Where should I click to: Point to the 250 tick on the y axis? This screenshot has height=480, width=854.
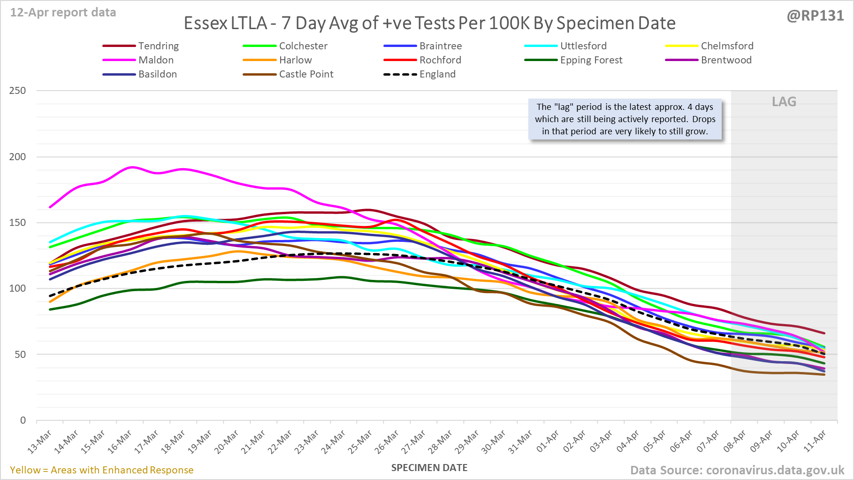pos(17,91)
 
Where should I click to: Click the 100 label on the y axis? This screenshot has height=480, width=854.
pos(17,288)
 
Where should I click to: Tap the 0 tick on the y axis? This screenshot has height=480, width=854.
pos(23,420)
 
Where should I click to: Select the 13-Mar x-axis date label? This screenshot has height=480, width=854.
pos(40,442)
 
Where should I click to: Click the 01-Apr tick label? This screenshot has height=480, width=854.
pos(548,442)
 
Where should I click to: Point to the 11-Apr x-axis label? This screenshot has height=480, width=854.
pos(815,442)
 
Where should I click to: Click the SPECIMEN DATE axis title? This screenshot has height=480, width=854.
pos(429,468)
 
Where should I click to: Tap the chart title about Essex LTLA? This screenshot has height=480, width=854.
pos(429,23)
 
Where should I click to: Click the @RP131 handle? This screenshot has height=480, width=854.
pos(815,16)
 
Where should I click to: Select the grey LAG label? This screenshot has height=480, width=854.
pos(784,102)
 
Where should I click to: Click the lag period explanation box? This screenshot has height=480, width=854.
pos(625,119)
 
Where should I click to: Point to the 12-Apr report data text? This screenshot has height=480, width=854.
pos(63,13)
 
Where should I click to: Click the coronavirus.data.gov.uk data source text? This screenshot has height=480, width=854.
pos(737,470)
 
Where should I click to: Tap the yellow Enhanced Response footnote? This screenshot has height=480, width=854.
pos(102,470)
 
